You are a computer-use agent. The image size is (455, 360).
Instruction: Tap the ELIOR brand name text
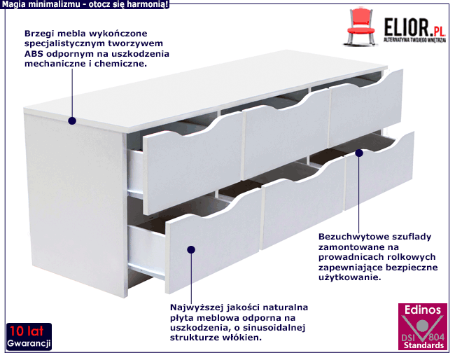tap(406, 27)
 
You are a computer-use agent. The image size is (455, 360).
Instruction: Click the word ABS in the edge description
tap(34, 54)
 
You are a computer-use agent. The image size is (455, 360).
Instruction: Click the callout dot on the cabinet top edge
tap(72, 120)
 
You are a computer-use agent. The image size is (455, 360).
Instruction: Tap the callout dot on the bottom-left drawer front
tap(191, 249)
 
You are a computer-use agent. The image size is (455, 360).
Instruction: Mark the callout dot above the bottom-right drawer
tap(359, 153)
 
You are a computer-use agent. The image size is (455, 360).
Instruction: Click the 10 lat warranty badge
tap(29, 337)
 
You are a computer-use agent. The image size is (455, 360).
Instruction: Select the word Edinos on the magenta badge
tap(423, 310)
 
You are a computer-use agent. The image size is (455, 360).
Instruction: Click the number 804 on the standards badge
tap(436, 337)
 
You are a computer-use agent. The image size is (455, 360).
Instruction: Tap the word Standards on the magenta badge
tap(423, 345)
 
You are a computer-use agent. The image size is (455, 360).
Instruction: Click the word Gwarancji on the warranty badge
tap(29, 343)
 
